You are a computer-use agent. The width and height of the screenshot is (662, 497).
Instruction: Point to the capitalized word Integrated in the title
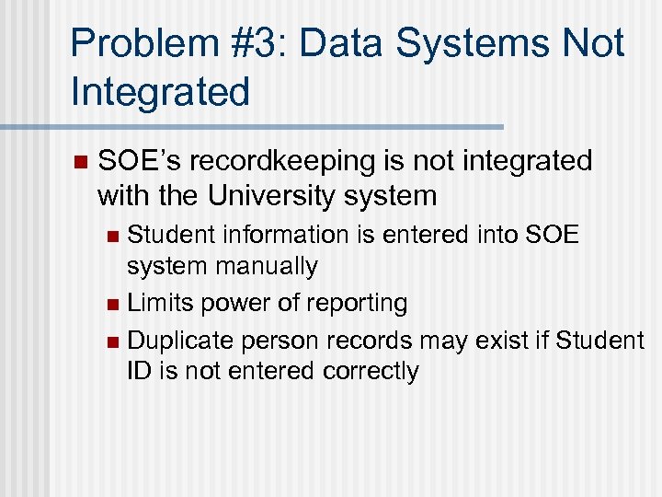[159, 92]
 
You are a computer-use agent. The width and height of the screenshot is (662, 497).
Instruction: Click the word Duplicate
[180, 341]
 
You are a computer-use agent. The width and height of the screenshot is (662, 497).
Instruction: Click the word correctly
[371, 371]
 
